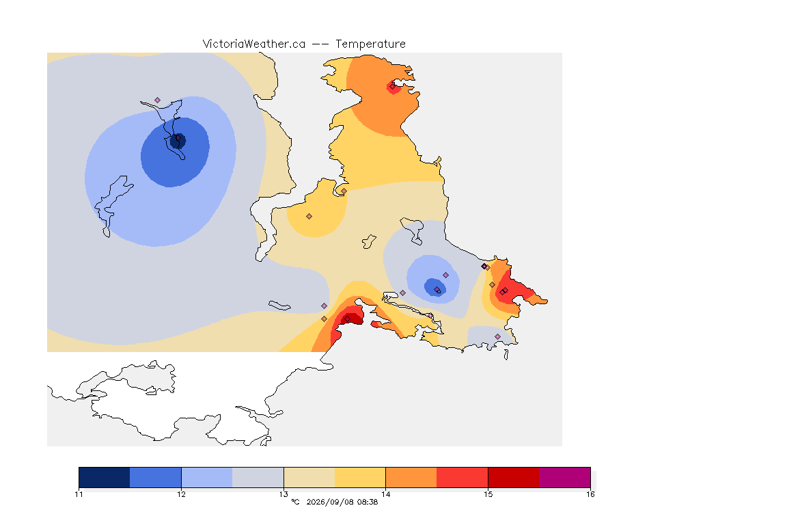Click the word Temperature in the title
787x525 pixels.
(x=370, y=44)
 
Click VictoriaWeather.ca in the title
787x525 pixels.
(x=254, y=44)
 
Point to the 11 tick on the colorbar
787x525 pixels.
(x=79, y=494)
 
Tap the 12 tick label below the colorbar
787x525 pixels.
(x=181, y=494)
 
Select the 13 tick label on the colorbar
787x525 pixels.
(x=284, y=494)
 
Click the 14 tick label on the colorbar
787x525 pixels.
(x=385, y=494)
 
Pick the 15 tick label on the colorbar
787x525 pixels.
(x=488, y=494)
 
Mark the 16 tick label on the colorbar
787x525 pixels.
(x=590, y=494)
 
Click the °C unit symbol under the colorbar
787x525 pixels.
(x=295, y=502)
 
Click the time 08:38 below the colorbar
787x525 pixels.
(x=368, y=502)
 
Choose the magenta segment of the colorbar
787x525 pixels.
(x=565, y=477)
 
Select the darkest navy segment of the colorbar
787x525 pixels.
(x=105, y=477)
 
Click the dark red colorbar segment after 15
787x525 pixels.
(x=514, y=477)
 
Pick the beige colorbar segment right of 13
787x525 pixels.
(x=309, y=477)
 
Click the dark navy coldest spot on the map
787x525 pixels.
(x=178, y=141)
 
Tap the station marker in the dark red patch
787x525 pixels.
(x=347, y=319)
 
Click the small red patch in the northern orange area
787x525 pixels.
(x=393, y=88)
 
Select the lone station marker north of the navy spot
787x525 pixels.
(x=158, y=100)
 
